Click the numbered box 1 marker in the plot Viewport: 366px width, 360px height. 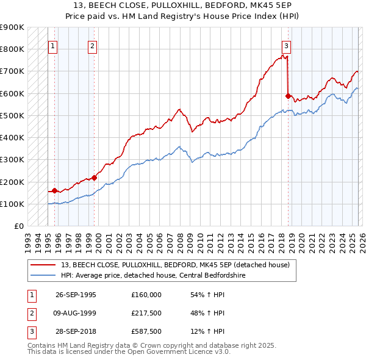53,45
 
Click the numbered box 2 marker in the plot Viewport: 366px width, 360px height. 92,45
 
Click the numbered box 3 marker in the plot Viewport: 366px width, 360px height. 287,45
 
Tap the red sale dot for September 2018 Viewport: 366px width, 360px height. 288,96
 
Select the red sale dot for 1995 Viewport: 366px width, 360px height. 55,190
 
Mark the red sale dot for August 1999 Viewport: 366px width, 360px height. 95,178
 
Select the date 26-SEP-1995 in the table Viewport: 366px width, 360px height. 76,294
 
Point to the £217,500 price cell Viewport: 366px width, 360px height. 146,312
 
